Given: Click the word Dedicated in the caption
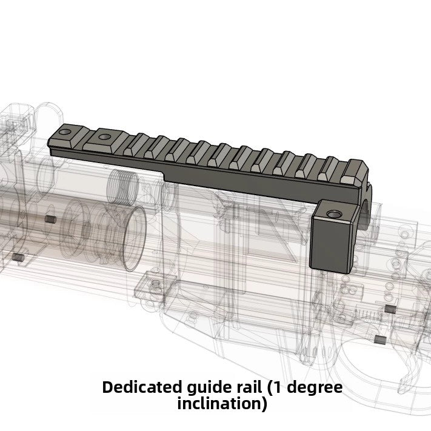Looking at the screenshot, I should point(140,387).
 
